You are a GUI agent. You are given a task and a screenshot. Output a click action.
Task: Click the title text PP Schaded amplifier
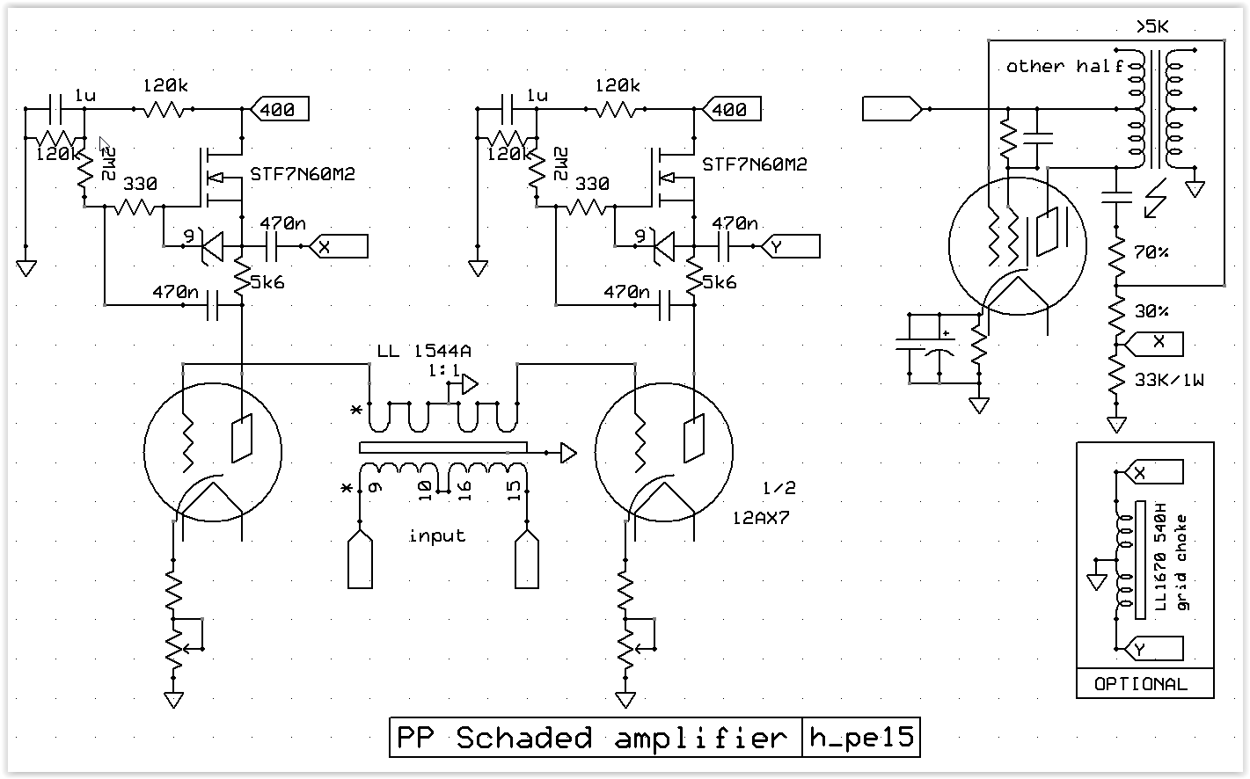(x=592, y=738)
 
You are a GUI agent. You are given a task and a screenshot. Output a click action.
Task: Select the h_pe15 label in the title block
(x=860, y=738)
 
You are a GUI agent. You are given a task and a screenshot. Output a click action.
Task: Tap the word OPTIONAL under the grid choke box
(x=1141, y=684)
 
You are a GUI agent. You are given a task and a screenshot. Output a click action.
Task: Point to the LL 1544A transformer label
(x=420, y=352)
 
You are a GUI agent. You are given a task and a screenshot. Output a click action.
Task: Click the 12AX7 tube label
(x=761, y=518)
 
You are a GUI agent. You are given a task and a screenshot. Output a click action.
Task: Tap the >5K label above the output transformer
(x=1152, y=29)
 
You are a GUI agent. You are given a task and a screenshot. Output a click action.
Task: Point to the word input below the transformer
(x=437, y=535)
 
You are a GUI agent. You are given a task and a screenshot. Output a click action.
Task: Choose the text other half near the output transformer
(x=1064, y=66)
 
